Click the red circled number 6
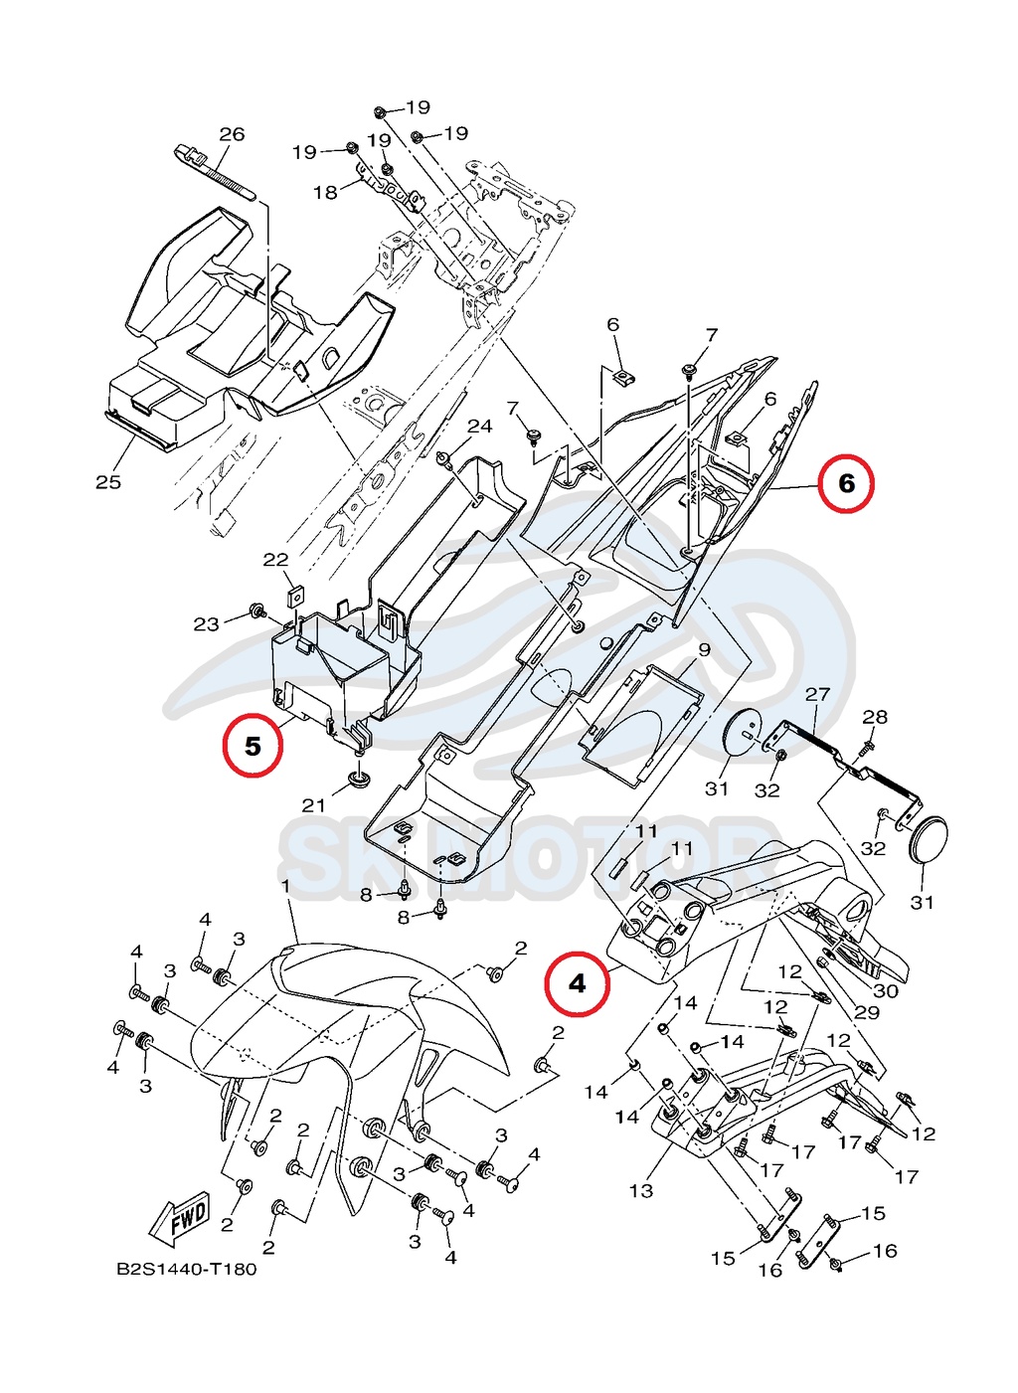(846, 483)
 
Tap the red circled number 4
(578, 984)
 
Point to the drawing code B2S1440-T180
(187, 1269)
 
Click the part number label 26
(232, 134)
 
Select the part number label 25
(108, 482)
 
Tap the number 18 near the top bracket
(325, 192)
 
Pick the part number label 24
(480, 426)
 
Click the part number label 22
(275, 560)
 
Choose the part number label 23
(206, 624)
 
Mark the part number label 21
(313, 805)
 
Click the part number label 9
(704, 650)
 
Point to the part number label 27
(817, 694)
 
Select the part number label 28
(875, 717)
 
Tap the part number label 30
(885, 990)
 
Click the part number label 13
(641, 1190)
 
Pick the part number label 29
(867, 1012)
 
